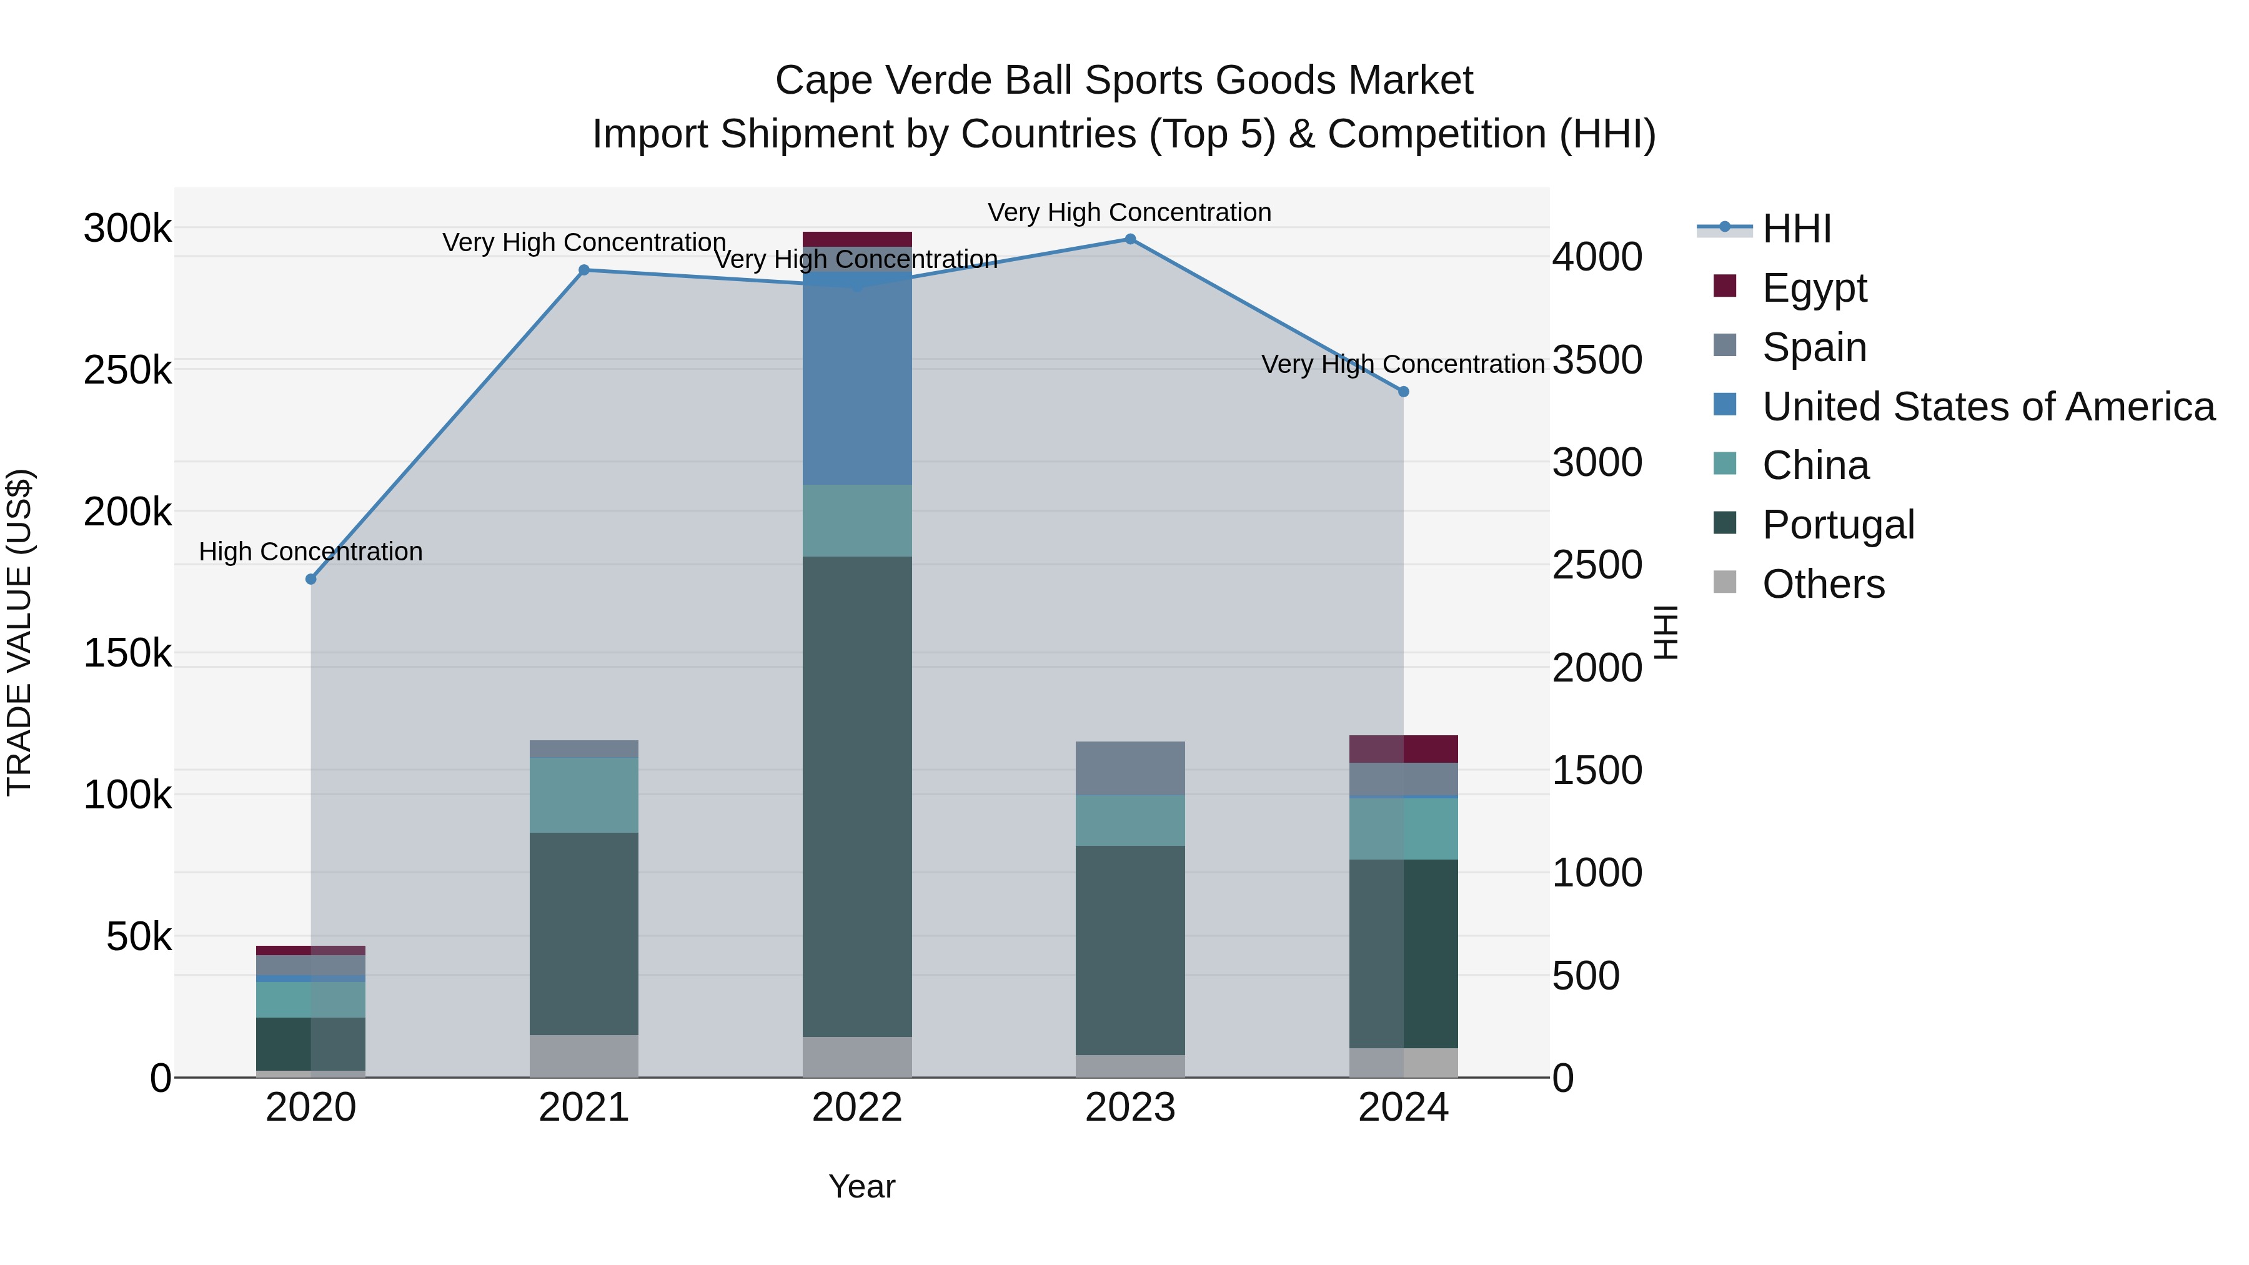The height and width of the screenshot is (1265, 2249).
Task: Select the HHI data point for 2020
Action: (x=311, y=579)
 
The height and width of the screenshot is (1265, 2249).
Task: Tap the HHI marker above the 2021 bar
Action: (x=584, y=270)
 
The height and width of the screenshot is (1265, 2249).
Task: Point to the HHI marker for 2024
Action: (x=1403, y=392)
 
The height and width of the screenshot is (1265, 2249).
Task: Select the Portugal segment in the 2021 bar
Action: (x=583, y=933)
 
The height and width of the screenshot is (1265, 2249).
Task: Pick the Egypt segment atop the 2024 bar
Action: (x=1403, y=749)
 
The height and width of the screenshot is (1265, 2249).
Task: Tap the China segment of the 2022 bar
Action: (x=856, y=520)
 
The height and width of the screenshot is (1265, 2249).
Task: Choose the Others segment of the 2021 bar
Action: (x=583, y=1056)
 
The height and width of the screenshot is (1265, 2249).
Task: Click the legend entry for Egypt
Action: (x=1814, y=288)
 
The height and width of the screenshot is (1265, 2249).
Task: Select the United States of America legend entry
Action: (x=1987, y=407)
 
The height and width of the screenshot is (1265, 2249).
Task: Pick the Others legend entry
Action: (x=1823, y=584)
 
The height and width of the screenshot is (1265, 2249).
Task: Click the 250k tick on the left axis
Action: (x=127, y=370)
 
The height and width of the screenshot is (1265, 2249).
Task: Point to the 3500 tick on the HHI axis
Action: (x=1597, y=360)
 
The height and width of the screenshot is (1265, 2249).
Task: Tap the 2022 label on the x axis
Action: (x=856, y=1108)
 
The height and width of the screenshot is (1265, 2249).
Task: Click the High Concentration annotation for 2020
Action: (x=311, y=552)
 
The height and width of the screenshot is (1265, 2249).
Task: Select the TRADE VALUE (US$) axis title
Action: (x=19, y=632)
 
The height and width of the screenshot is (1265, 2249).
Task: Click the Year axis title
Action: (x=861, y=1186)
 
